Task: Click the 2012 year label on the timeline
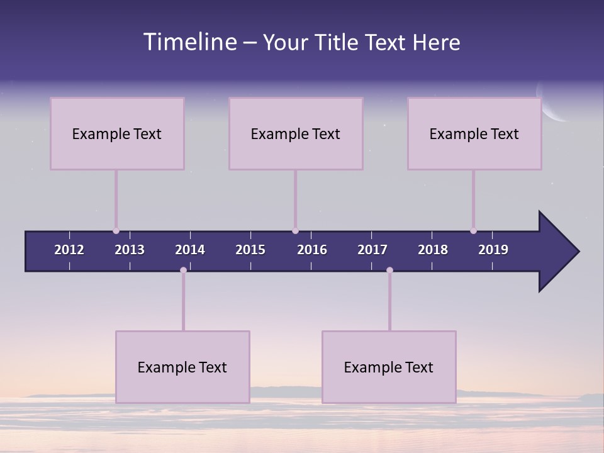(69, 250)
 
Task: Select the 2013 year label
(130, 250)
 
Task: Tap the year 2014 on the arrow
(190, 250)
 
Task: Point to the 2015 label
(250, 250)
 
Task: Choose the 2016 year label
(312, 250)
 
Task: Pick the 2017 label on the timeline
(372, 250)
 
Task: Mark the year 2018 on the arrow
(433, 250)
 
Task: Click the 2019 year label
(493, 250)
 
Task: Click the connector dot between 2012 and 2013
(116, 231)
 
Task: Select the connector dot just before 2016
(295, 231)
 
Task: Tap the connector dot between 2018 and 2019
(473, 231)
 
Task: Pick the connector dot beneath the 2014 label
(183, 270)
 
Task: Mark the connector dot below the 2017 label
(389, 270)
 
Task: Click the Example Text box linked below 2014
(182, 367)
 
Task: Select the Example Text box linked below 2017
(389, 367)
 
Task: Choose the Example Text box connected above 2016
(296, 133)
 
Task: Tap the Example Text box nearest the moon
(474, 133)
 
